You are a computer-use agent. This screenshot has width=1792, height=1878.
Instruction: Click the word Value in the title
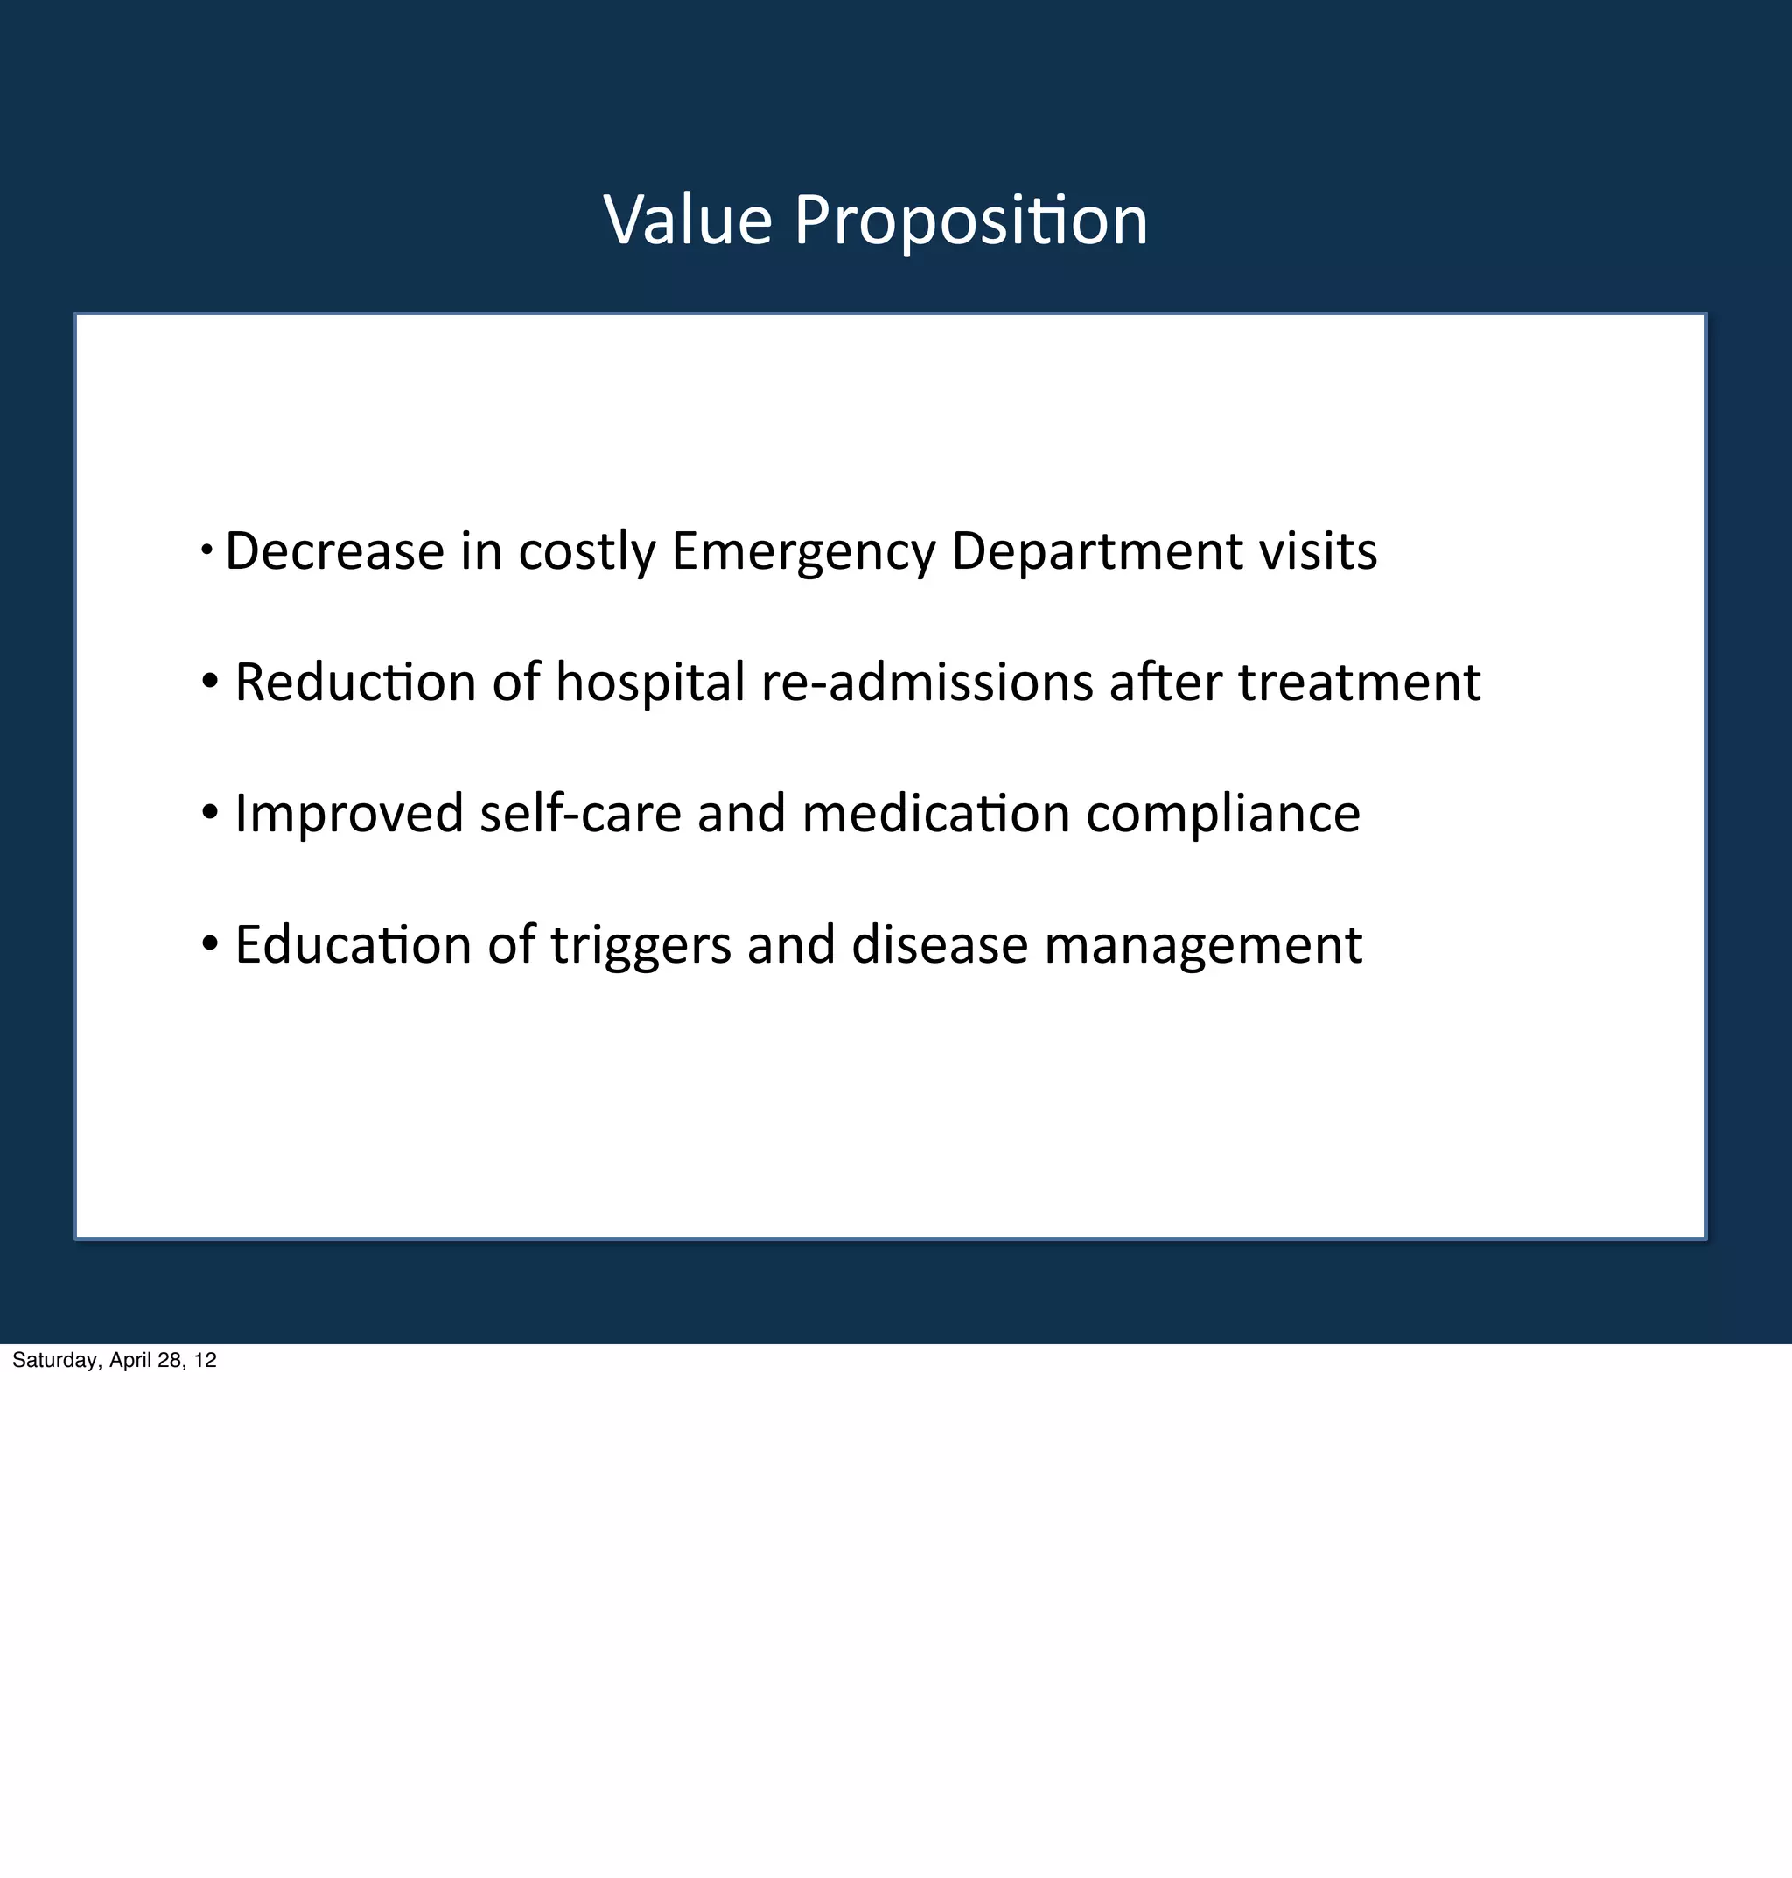coord(688,221)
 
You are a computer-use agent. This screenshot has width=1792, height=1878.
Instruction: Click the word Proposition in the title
coord(970,221)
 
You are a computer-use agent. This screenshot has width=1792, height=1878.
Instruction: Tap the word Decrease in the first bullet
coord(334,551)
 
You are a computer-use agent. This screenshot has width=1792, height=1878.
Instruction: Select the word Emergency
coord(803,551)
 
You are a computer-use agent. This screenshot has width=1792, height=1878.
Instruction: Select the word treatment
coord(1359,682)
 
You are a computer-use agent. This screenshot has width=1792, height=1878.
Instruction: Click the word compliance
coord(1222,813)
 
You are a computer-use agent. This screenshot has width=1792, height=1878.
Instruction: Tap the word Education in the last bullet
coord(353,945)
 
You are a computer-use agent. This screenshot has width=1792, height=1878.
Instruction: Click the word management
coord(1202,945)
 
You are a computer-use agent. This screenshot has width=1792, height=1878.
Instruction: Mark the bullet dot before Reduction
coord(210,682)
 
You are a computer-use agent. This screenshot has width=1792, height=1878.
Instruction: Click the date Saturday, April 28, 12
coord(115,1360)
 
